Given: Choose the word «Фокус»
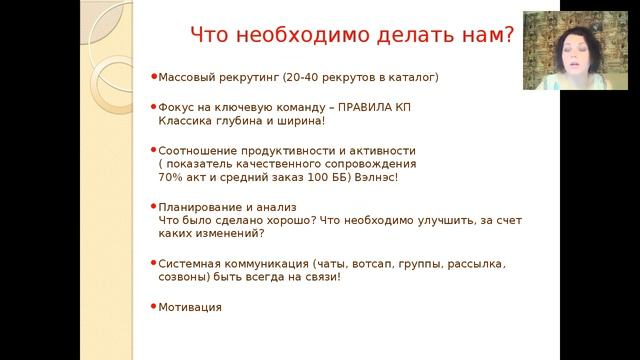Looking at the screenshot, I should pyautogui.click(x=175, y=106).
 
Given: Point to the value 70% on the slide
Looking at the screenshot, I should pyautogui.click(x=171, y=177).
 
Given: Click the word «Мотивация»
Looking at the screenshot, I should pyautogui.click(x=190, y=307).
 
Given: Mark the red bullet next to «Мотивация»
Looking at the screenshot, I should pyautogui.click(x=153, y=306).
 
